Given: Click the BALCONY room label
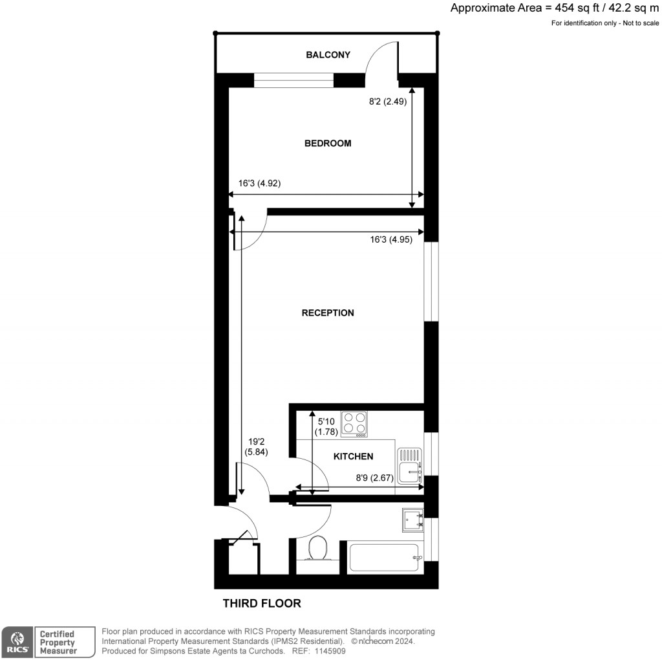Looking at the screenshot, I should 328,55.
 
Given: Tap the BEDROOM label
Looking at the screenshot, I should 328,143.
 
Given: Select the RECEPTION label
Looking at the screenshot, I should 328,313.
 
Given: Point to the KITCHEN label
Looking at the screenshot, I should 353,456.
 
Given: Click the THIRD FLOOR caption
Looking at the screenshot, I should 262,604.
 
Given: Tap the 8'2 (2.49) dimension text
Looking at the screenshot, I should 387,101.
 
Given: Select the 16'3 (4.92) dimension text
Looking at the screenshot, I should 259,183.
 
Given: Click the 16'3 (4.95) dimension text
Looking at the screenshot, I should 391,239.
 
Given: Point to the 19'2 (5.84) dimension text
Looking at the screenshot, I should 256,448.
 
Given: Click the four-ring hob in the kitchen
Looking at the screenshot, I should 354,423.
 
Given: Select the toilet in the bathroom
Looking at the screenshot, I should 317,549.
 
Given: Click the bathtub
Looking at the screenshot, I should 384,557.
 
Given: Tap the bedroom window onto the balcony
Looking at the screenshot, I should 294,80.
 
